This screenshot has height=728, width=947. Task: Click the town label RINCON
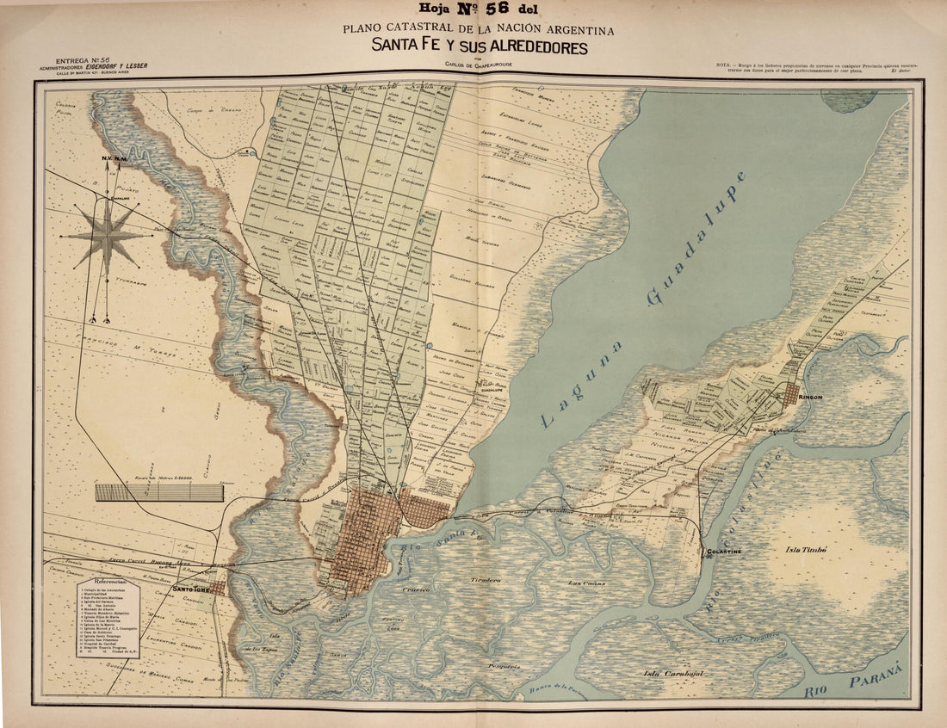pos(811,397)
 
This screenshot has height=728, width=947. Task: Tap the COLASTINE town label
pos(723,550)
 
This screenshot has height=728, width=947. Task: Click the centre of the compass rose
pos(107,236)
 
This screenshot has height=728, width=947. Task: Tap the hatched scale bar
pos(159,492)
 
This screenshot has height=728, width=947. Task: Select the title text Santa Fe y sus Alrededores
pos(480,46)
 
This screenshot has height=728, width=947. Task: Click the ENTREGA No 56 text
pos(86,61)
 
